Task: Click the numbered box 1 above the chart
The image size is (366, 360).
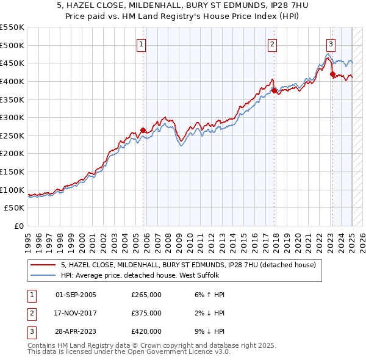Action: click(x=142, y=44)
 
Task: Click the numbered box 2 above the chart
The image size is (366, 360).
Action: click(x=272, y=44)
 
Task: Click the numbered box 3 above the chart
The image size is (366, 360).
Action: click(x=331, y=44)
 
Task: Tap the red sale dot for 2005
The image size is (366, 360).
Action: click(x=143, y=130)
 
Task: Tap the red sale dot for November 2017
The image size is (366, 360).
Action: click(x=274, y=90)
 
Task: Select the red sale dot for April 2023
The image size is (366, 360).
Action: click(x=332, y=74)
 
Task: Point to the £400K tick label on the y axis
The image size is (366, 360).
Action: click(x=12, y=81)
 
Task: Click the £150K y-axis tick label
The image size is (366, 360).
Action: click(x=12, y=171)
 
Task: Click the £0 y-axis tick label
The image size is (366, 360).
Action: click(x=19, y=226)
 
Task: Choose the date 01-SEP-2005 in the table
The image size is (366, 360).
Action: click(x=76, y=295)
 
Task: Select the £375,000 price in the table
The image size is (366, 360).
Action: click(x=146, y=313)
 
